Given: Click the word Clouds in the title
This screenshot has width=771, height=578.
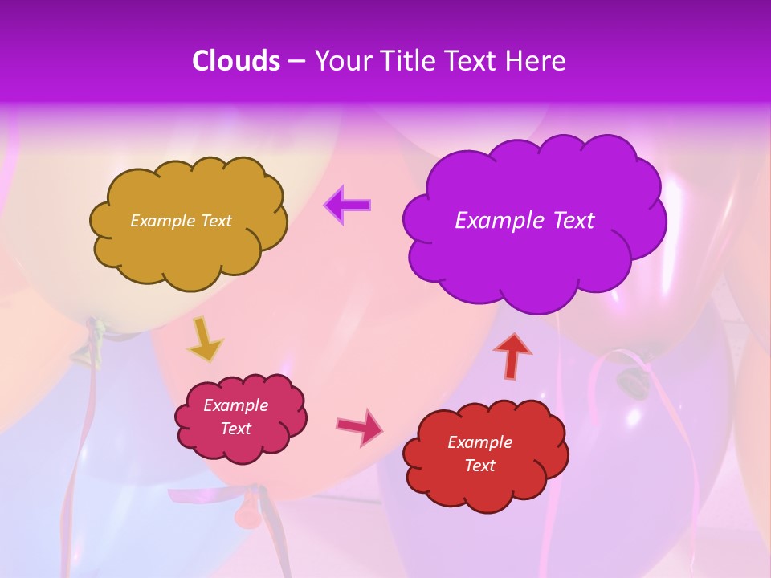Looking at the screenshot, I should pyautogui.click(x=236, y=61).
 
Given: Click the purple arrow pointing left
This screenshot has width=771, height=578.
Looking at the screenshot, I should pyautogui.click(x=348, y=205).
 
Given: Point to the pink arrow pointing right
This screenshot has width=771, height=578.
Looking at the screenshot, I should pyautogui.click(x=360, y=426).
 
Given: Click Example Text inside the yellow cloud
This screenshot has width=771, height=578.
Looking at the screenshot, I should pyautogui.click(x=181, y=221).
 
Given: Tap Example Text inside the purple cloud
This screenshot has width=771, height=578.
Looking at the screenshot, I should pyautogui.click(x=524, y=221).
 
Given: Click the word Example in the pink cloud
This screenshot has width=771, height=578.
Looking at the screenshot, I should pyautogui.click(x=235, y=405).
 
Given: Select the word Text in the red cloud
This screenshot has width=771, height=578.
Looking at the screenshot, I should pyautogui.click(x=479, y=466).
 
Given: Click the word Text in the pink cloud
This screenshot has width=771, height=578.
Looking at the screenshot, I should pyautogui.click(x=235, y=429).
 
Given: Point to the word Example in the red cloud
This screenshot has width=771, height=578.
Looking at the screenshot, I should pyautogui.click(x=479, y=442).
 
